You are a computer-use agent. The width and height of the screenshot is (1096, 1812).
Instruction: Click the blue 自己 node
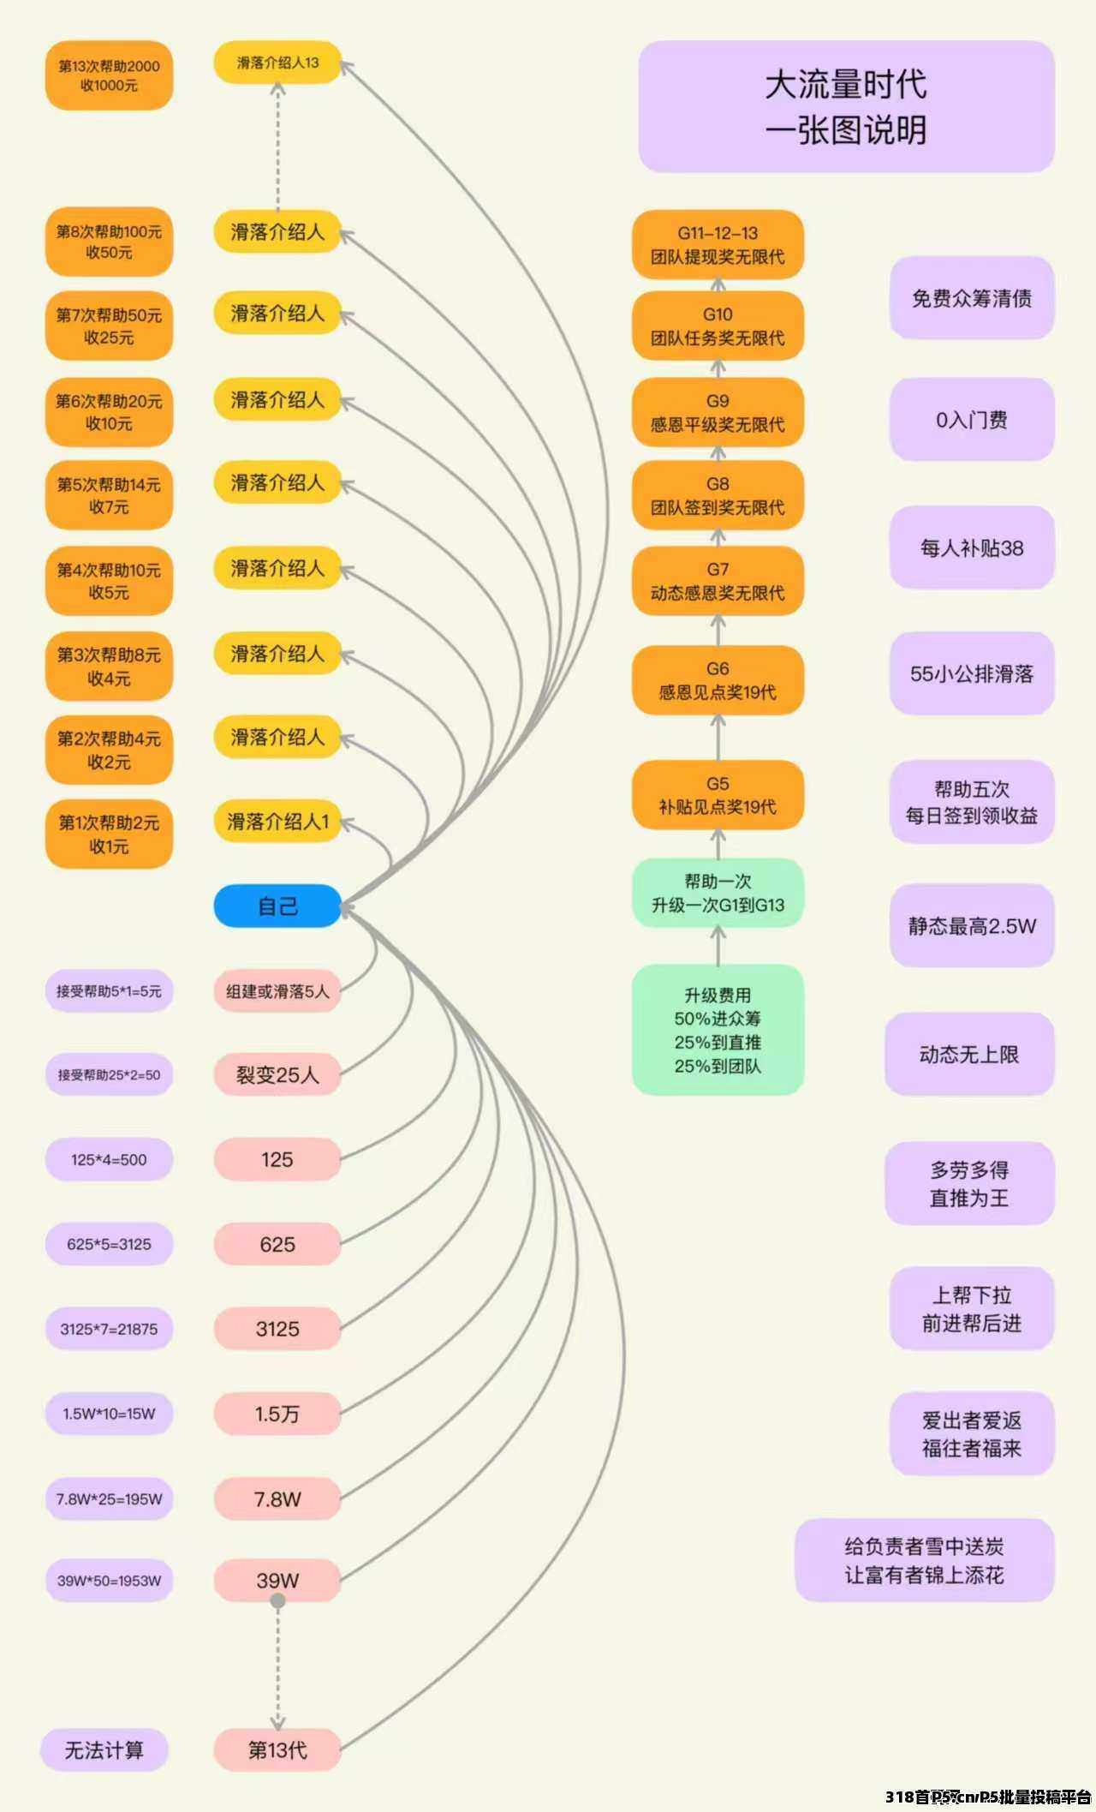coord(277,906)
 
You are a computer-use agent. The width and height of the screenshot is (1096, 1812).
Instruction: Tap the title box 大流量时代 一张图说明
coord(846,106)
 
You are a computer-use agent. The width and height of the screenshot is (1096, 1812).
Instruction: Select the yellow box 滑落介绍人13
coord(277,63)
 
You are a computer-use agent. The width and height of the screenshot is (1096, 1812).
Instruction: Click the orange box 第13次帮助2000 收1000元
coord(109,75)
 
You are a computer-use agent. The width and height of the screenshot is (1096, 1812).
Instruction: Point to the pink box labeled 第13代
coord(277,1749)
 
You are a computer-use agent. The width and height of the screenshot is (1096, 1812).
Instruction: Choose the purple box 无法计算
coord(104,1749)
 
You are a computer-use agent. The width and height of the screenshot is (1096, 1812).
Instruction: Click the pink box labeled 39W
coord(277,1581)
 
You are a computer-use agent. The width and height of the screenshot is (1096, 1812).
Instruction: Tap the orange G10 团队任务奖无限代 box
coord(718,326)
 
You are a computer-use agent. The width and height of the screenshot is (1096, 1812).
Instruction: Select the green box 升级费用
coord(718,1030)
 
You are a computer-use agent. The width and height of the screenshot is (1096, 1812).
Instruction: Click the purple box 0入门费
coord(972,420)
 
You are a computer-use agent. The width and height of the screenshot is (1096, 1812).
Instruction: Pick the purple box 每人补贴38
coord(972,547)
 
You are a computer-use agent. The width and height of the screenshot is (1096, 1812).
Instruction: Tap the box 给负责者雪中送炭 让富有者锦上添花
coord(925,1560)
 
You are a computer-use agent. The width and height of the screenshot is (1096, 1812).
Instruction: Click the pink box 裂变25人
coord(277,1075)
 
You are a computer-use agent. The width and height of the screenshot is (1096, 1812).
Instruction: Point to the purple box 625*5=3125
coord(109,1244)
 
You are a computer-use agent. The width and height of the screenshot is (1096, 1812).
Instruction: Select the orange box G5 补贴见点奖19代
coord(718,795)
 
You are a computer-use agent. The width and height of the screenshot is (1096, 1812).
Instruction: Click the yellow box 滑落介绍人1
coord(277,822)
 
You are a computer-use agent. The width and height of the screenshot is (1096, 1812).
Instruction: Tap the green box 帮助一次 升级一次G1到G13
coord(718,893)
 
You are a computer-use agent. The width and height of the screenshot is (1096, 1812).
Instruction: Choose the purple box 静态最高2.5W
coord(972,925)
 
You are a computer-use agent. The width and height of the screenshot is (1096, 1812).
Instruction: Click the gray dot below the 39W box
coord(277,1600)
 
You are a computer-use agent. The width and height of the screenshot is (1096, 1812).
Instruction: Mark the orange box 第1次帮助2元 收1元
coord(109,834)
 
